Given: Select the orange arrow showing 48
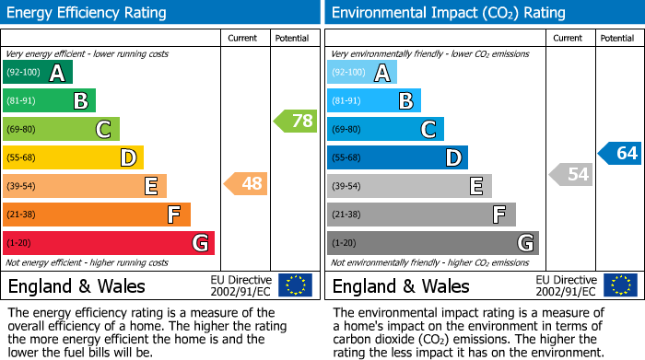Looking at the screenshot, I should (246, 183).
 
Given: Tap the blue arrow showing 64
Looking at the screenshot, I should (620, 153).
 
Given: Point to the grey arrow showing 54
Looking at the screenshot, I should (570, 174).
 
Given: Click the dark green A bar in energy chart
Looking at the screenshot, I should (37, 73).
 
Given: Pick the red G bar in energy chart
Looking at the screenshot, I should (109, 243).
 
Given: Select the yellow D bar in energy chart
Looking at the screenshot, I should (73, 157).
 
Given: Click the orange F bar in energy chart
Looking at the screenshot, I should (97, 215).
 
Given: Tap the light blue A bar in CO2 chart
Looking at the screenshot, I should (362, 73).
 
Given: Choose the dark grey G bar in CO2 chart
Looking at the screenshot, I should (433, 243).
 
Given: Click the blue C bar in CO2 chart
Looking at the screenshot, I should (385, 129).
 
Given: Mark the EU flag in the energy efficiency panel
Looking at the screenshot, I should (295, 285).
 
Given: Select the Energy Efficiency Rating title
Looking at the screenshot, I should (88, 13).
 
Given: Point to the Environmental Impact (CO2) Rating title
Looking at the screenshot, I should (448, 13).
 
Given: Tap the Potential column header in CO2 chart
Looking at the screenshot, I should (617, 38).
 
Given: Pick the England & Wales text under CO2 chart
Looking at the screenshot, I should (400, 285).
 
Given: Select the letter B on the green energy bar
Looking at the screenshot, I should (80, 101).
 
